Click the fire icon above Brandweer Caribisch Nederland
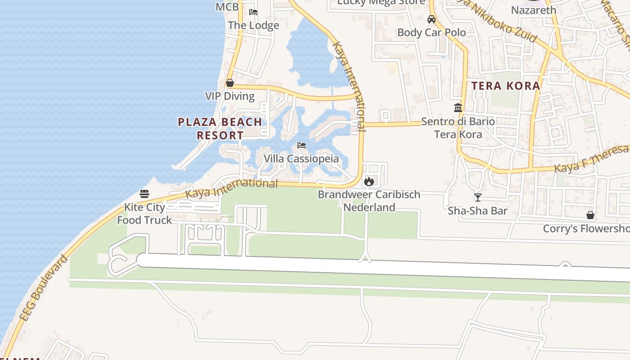click(x=369, y=181)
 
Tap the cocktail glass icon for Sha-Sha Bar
click(x=477, y=197)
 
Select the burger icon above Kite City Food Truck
click(x=144, y=194)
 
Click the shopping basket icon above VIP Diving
click(x=230, y=83)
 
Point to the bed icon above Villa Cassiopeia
click(x=301, y=145)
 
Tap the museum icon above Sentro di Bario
click(x=458, y=108)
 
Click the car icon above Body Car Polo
click(x=431, y=19)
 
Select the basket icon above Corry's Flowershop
click(x=590, y=215)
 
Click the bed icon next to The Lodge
click(x=253, y=12)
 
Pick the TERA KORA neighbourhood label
click(x=505, y=85)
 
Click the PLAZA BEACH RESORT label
click(x=220, y=128)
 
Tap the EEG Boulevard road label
click(x=43, y=288)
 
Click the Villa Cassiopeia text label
click(x=301, y=158)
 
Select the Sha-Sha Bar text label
click(x=477, y=211)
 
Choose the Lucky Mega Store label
click(x=381, y=2)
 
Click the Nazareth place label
click(x=534, y=10)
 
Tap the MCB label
click(x=227, y=7)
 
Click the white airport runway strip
click(x=360, y=266)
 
